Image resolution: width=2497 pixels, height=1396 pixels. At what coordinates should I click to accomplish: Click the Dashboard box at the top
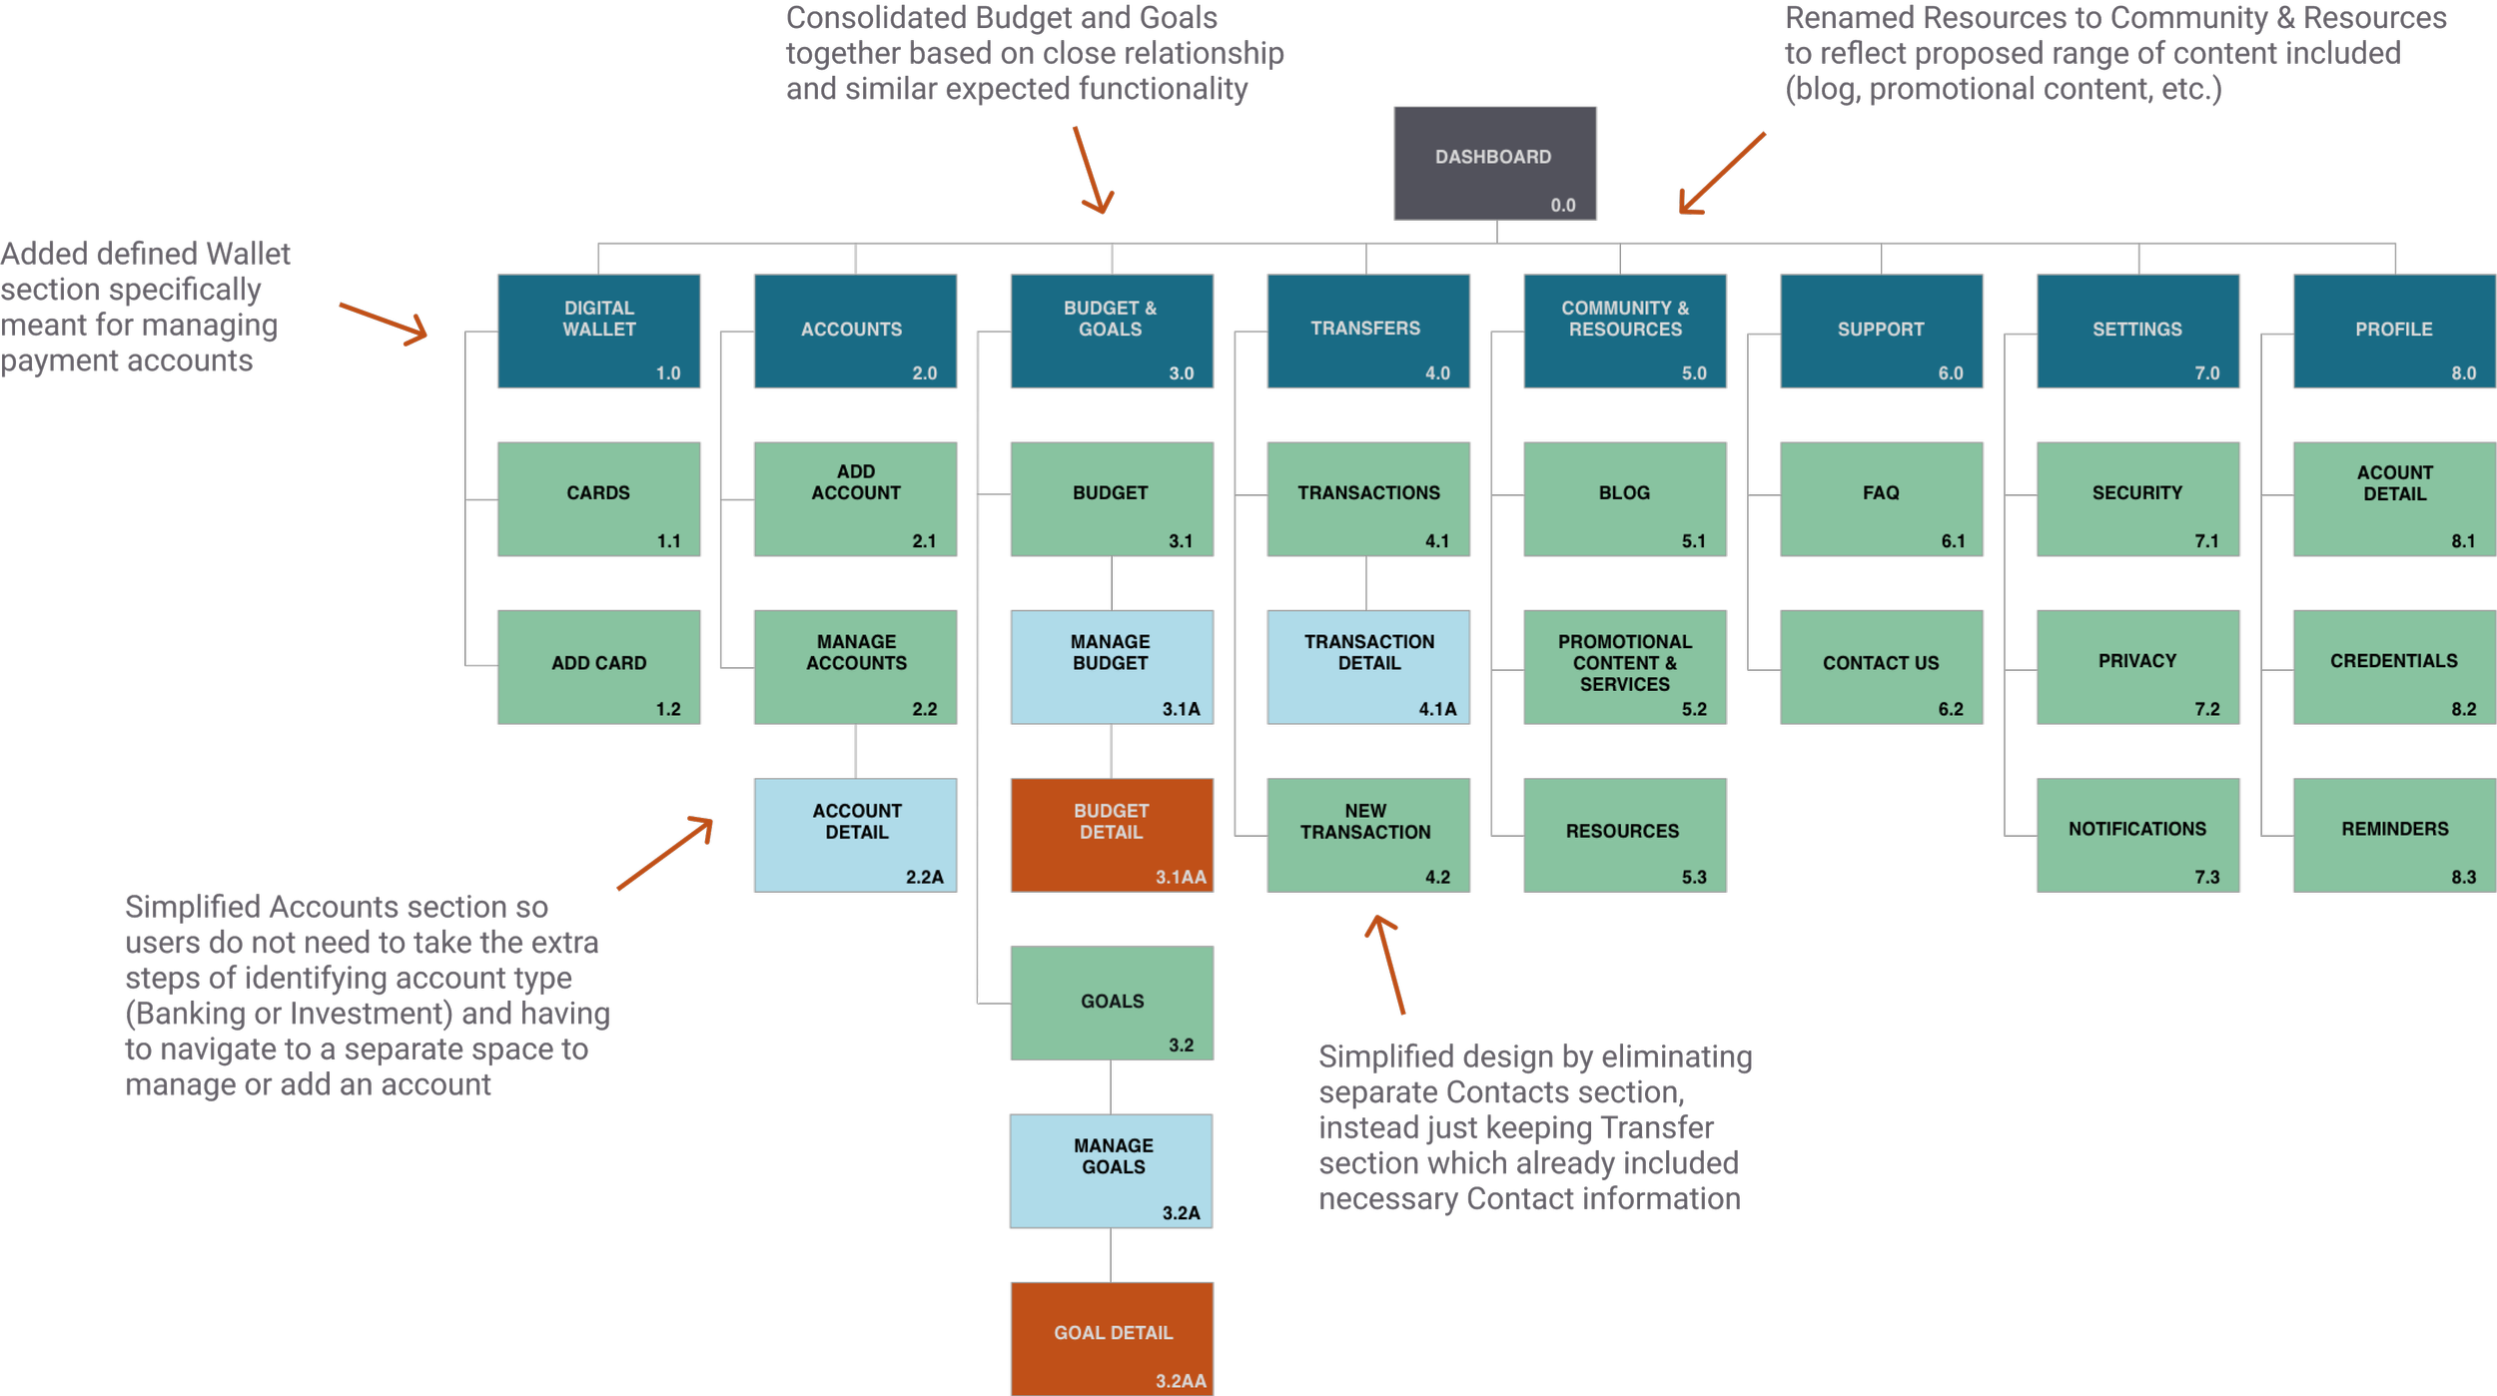1494,163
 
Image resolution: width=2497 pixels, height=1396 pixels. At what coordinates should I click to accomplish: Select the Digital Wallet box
599,331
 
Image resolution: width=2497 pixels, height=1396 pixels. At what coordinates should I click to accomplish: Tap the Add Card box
599,666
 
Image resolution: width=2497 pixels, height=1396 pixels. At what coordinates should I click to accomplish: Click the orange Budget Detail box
1111,834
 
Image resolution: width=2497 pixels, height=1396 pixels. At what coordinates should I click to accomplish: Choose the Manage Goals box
1111,1170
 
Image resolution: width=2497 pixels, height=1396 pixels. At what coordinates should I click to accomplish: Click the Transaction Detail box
1368,666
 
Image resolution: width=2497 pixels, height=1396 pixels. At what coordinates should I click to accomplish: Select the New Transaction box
1368,834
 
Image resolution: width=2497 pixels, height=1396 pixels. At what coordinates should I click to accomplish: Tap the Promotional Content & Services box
1624,666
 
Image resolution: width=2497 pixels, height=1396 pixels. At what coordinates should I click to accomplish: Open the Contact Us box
1881,666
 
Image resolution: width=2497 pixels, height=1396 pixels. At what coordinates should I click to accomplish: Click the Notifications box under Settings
2137,834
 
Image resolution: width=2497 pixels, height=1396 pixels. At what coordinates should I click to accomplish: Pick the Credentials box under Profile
2394,666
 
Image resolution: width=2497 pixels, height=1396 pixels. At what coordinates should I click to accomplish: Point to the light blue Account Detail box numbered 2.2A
855,834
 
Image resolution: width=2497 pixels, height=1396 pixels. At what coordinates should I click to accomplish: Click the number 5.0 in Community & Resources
1694,373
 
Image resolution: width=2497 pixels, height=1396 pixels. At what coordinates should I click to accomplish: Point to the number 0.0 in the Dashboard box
1563,206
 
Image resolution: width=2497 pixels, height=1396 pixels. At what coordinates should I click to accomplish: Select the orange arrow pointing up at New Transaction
1388,964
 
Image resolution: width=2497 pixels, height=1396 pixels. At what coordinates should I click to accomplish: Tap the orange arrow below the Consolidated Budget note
1093,170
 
